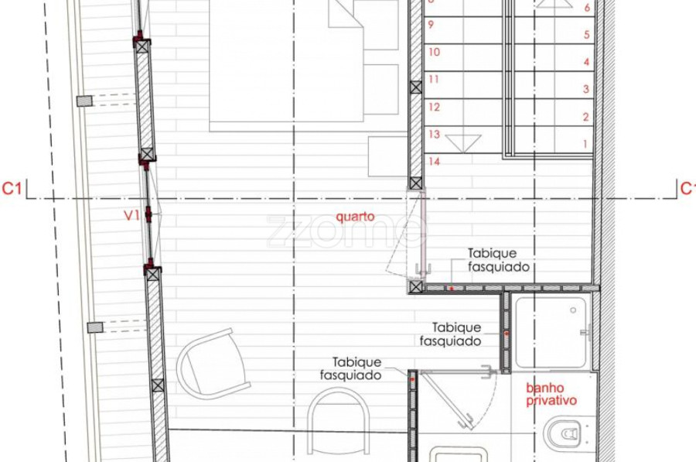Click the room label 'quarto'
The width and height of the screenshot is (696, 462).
(x=355, y=217)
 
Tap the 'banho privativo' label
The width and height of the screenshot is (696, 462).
(x=551, y=394)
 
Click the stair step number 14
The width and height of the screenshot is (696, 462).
(x=434, y=161)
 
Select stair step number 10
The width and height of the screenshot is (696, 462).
(x=434, y=52)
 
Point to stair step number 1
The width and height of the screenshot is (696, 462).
(x=585, y=144)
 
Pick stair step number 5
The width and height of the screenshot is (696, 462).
(x=586, y=35)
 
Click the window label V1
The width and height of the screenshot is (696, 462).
(x=131, y=215)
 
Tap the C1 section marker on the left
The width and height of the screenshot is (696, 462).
(x=12, y=188)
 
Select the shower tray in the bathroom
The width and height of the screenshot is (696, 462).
(x=551, y=332)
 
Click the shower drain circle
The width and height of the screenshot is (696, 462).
(x=573, y=310)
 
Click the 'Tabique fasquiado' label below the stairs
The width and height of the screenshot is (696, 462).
(x=499, y=260)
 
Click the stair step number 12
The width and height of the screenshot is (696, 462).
(x=434, y=107)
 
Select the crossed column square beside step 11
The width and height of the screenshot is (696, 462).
(x=416, y=87)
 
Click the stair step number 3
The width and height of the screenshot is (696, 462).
(x=586, y=89)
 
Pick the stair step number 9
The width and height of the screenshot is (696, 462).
(x=431, y=25)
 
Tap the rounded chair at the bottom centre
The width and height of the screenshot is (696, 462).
(x=338, y=421)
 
